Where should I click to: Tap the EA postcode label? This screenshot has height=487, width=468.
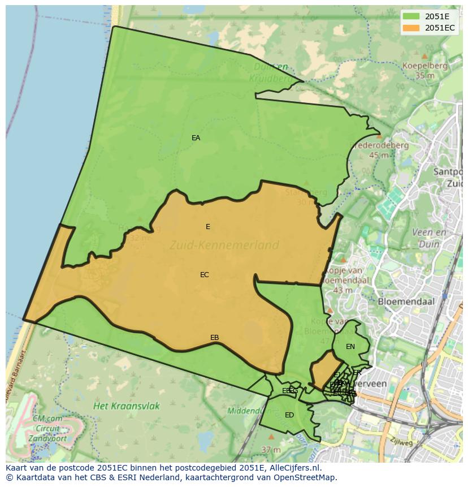[x=196, y=138]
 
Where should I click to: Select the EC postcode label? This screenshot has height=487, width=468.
[x=205, y=275]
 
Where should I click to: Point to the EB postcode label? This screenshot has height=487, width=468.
[x=215, y=338]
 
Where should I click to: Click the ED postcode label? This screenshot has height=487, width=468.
[x=289, y=415]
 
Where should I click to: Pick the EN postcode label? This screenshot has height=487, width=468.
[x=350, y=347]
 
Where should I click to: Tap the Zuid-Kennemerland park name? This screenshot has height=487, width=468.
[x=224, y=245]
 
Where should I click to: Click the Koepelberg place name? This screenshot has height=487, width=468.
[x=424, y=66]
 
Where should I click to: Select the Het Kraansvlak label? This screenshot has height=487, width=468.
[x=127, y=406]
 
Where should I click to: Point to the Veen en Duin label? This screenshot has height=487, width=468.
[x=430, y=238]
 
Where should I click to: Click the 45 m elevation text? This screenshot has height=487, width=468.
[x=379, y=155]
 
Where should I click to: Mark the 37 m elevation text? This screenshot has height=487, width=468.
[x=271, y=450]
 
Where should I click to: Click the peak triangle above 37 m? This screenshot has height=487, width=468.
[x=271, y=437]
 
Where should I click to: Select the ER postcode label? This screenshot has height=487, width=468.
[x=357, y=373]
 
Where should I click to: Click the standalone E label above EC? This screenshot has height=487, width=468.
[x=208, y=227]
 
